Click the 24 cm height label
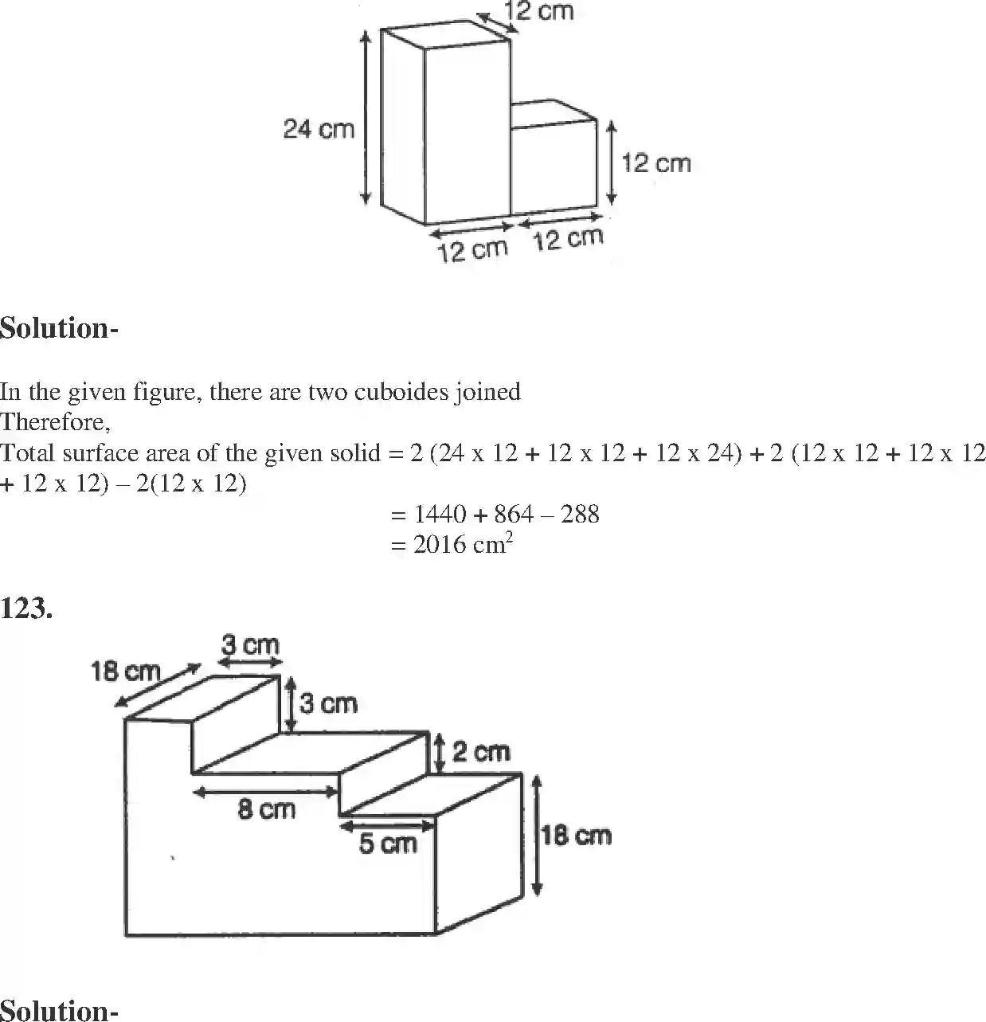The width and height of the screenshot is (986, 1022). click(319, 129)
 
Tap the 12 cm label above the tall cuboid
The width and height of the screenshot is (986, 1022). click(539, 12)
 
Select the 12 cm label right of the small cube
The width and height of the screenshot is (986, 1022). click(655, 163)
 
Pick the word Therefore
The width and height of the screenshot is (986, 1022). click(54, 422)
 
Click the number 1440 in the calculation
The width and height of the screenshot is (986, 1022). click(440, 515)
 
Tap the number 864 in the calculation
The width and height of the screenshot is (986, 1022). click(514, 515)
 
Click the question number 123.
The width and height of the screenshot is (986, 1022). click(26, 609)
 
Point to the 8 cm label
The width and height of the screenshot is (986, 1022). click(266, 811)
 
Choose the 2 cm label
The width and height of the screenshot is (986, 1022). click(480, 752)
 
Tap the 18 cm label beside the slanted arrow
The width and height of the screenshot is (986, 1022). click(125, 672)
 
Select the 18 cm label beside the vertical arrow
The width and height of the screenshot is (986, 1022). click(576, 836)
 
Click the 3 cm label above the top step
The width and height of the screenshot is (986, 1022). click(250, 644)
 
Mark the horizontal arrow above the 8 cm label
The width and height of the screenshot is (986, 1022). click(266, 792)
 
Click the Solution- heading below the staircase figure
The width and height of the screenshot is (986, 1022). click(59, 1010)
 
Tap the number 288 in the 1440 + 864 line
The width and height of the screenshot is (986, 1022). click(580, 515)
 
